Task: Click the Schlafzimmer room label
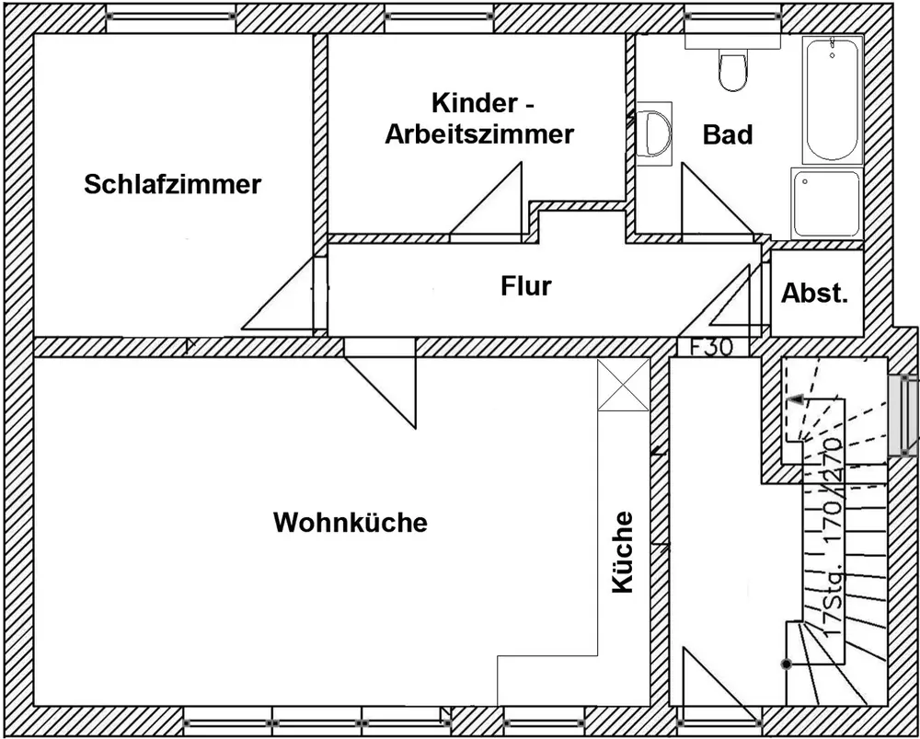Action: [x=173, y=185]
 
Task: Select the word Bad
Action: [x=728, y=135]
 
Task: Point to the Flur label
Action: [x=526, y=286]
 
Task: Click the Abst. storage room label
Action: [x=814, y=293]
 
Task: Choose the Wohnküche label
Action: [x=351, y=523]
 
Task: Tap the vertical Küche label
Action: [x=623, y=552]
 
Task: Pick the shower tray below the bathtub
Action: [x=827, y=203]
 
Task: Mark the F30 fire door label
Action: [x=711, y=348]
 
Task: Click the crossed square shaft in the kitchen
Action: [x=623, y=385]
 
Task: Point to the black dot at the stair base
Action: [x=787, y=664]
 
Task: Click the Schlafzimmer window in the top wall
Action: [x=171, y=16]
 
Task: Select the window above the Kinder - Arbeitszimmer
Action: [x=440, y=16]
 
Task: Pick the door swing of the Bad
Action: [x=717, y=202]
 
